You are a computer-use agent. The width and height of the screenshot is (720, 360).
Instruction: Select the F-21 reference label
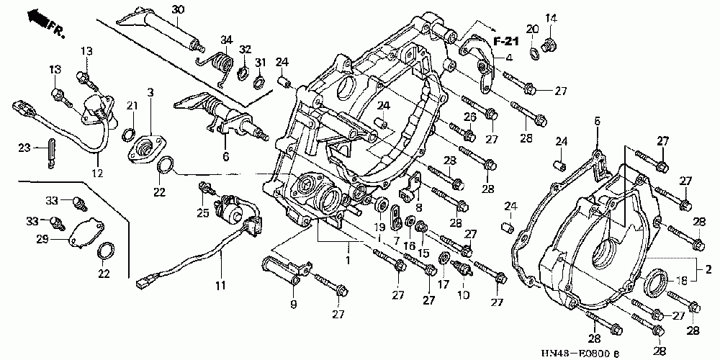tap(506, 41)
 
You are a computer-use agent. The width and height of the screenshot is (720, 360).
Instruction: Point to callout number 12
tap(97, 174)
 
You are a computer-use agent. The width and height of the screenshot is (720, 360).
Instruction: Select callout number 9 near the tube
tap(294, 304)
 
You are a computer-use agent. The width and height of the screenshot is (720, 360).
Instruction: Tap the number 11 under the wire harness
tap(221, 286)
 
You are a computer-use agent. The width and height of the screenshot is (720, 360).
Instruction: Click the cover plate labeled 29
tap(86, 235)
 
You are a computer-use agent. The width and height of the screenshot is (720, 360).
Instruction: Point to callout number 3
tap(150, 93)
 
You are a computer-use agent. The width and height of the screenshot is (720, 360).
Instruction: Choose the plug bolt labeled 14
tap(549, 45)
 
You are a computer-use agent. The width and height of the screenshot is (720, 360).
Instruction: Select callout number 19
tap(379, 226)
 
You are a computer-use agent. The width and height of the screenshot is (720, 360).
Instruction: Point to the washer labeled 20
tap(534, 54)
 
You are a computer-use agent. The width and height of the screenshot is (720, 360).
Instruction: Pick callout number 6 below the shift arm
tap(225, 156)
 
